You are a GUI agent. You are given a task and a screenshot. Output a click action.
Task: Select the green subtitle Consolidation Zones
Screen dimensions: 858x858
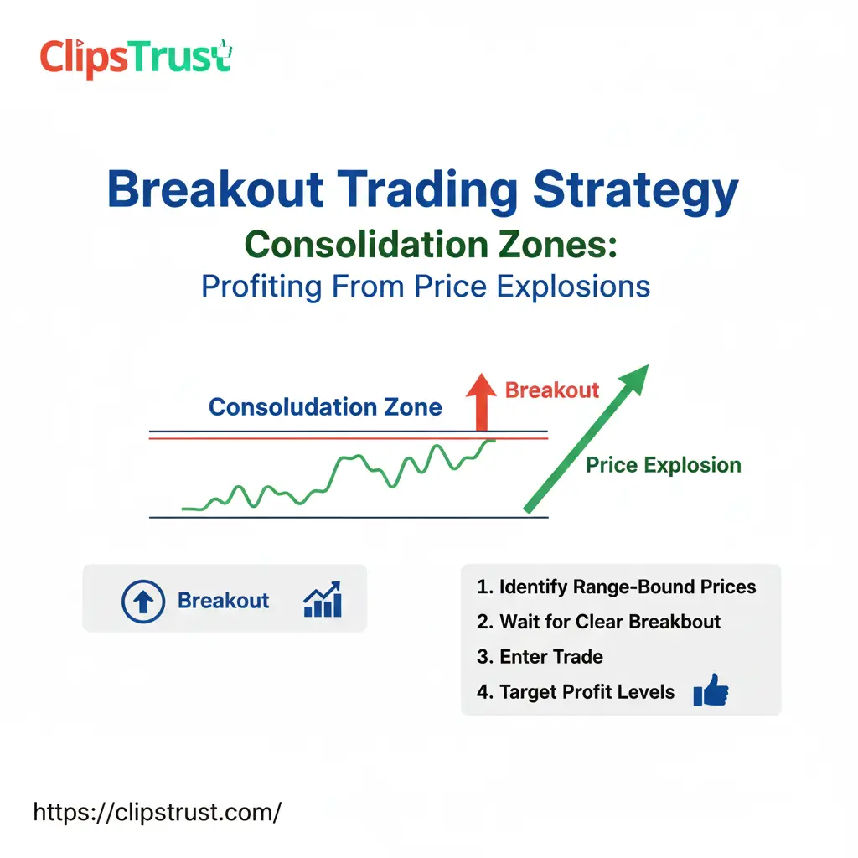point(432,245)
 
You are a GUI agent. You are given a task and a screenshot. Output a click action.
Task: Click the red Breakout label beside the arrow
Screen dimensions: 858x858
point(552,390)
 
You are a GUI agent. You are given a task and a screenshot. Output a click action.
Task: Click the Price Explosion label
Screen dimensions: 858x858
point(663,465)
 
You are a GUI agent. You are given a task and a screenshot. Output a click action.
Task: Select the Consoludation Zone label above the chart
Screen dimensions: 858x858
point(325,408)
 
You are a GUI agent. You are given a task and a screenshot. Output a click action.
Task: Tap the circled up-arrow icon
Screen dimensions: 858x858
point(143,601)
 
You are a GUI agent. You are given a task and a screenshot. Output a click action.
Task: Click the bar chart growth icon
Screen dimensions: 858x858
point(323,600)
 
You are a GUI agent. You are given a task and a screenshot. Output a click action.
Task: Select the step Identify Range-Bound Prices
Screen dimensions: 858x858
point(617,587)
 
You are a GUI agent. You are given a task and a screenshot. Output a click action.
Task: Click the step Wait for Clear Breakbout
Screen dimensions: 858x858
point(599,622)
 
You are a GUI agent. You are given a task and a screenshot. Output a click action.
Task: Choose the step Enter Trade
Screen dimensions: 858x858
point(540,657)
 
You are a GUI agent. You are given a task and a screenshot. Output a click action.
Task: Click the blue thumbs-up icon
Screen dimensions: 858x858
point(711,691)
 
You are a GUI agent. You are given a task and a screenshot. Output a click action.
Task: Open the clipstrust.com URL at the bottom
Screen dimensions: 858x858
point(157,811)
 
